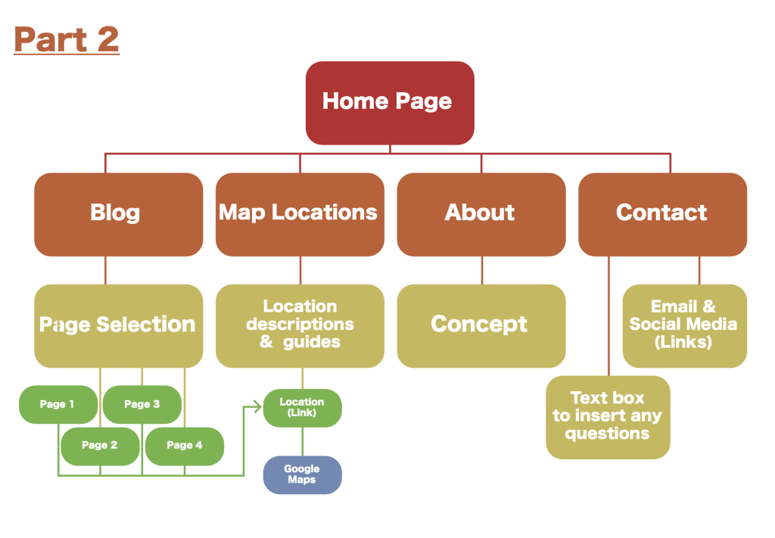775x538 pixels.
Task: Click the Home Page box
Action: pyautogui.click(x=390, y=103)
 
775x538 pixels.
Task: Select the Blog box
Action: pyautogui.click(x=119, y=214)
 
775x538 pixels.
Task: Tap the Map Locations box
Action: pyautogui.click(x=300, y=214)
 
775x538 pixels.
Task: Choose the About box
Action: pyautogui.click(x=481, y=214)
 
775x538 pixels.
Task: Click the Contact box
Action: pyautogui.click(x=663, y=214)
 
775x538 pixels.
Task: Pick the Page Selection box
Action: pyautogui.click(x=119, y=326)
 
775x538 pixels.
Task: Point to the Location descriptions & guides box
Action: pyautogui.click(x=300, y=326)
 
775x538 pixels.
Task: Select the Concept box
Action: pyautogui.click(x=481, y=326)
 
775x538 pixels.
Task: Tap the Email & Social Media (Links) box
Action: pyautogui.click(x=685, y=326)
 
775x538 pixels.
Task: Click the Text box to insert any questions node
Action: pyautogui.click(x=608, y=418)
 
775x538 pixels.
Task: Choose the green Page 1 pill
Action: pyautogui.click(x=58, y=405)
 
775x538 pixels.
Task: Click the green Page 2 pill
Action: pyautogui.click(x=101, y=446)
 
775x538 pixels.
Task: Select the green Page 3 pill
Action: pyautogui.click(x=142, y=405)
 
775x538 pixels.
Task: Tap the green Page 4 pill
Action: pyautogui.click(x=185, y=446)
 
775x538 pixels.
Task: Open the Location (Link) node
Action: pyautogui.click(x=303, y=408)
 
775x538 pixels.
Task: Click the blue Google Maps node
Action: pyautogui.click(x=303, y=474)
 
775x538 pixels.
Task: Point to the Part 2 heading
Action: pyautogui.click(x=67, y=39)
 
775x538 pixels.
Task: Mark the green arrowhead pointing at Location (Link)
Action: pyautogui.click(x=257, y=406)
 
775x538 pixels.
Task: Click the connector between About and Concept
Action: pyautogui.click(x=482, y=270)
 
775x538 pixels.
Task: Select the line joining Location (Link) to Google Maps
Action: pyautogui.click(x=303, y=442)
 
